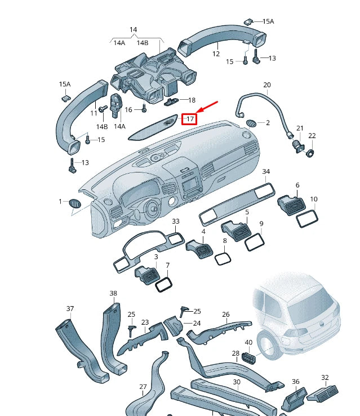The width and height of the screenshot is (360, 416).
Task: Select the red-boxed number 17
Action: (x=190, y=119)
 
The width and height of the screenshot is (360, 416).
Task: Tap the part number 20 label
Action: (x=267, y=85)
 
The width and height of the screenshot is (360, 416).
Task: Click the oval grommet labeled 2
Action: (x=252, y=123)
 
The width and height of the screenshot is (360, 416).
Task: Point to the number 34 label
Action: (x=266, y=171)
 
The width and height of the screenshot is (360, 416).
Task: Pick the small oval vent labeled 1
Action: (x=74, y=203)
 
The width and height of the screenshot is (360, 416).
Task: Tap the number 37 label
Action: (x=70, y=308)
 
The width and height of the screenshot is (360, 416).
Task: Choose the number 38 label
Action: (x=113, y=294)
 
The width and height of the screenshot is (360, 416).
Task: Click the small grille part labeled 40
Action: (x=250, y=357)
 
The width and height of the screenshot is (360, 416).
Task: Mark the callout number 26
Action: (x=226, y=315)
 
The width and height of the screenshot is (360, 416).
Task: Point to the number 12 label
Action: (x=215, y=54)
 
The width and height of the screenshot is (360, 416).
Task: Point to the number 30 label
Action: (x=237, y=382)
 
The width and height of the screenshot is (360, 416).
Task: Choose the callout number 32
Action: (x=325, y=377)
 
